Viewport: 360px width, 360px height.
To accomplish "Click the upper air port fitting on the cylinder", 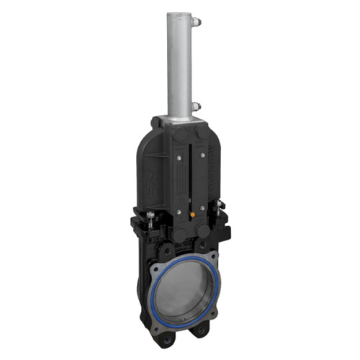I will (197, 22).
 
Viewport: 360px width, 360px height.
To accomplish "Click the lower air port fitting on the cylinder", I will (195, 107).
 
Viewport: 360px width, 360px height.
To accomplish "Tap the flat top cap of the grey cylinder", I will (180, 14).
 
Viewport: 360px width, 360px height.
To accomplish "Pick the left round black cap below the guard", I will (177, 233).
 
